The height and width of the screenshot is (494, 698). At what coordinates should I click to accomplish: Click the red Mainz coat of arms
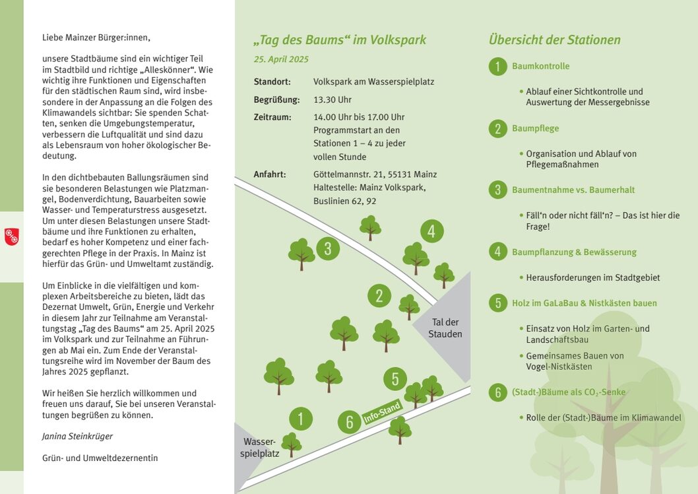coord(11,236)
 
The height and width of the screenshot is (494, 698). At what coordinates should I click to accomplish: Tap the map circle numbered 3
coord(328,248)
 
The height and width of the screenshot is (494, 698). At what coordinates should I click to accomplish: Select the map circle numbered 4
coord(431,231)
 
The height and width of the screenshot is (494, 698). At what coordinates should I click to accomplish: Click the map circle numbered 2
coord(379,295)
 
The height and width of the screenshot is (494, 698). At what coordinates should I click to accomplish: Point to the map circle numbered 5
coord(395,379)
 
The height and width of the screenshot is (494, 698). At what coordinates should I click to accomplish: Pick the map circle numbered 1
coord(300,419)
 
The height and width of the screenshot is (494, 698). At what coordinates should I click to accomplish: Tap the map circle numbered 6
coord(349,422)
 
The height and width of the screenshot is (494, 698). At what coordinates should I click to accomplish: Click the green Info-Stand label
coord(382,413)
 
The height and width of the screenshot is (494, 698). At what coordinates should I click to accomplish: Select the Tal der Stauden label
coord(445,328)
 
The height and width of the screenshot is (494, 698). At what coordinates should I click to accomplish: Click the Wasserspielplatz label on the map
coord(259,447)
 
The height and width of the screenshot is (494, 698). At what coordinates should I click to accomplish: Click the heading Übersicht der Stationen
coord(554,40)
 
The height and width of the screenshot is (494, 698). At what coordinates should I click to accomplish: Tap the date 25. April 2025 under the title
coord(281,59)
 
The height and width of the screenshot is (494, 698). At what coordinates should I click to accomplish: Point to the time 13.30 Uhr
coord(332,100)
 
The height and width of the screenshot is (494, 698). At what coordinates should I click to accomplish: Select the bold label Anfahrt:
coord(269,174)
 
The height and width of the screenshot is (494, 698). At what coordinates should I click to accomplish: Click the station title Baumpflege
coord(535,128)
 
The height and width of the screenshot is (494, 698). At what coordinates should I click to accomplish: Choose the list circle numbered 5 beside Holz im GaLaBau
coord(497,303)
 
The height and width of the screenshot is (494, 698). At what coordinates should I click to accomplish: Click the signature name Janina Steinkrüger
coord(77,437)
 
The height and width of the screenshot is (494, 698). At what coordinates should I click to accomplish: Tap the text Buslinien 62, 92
coord(344,201)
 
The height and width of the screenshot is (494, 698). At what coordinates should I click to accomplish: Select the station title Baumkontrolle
coord(540,66)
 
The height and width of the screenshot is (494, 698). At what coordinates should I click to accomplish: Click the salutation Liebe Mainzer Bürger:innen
coord(96,38)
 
